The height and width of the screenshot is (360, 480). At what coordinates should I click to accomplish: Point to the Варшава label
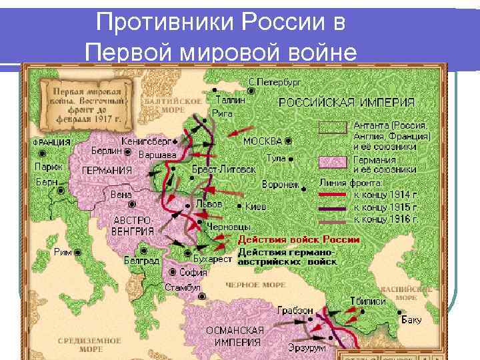tap(157, 155)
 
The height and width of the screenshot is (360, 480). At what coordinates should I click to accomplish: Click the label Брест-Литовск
tap(223, 169)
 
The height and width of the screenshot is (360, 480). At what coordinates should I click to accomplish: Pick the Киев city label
tap(256, 207)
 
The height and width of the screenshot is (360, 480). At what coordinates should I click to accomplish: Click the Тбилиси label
tap(367, 301)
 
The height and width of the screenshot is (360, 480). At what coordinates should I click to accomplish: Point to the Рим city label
tap(63, 253)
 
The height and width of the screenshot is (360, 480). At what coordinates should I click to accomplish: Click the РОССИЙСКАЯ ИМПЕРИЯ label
tap(346, 103)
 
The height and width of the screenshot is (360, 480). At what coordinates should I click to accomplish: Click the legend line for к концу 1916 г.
tap(333, 219)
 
